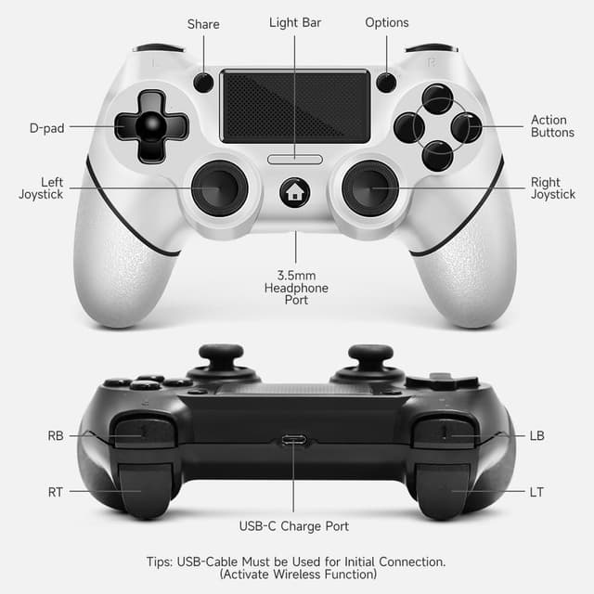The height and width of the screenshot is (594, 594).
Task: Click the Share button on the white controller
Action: (x=203, y=83)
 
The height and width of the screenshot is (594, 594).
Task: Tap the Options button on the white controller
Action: (x=386, y=83)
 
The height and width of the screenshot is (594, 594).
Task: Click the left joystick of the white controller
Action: (x=220, y=187)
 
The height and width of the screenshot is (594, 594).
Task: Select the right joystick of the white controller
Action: (x=370, y=187)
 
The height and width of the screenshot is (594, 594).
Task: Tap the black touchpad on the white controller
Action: (x=295, y=106)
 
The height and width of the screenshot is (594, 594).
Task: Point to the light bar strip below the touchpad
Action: (x=295, y=159)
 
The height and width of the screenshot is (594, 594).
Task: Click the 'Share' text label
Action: (x=203, y=23)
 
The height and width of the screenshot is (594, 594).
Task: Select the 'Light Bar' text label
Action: (x=295, y=22)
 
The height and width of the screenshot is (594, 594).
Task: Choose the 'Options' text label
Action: (x=386, y=22)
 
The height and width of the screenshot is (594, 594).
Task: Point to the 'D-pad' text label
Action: (x=47, y=128)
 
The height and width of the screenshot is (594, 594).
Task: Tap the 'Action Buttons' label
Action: (x=549, y=126)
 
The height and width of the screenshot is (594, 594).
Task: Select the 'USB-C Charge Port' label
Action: (x=294, y=526)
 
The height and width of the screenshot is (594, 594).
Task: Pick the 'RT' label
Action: (x=56, y=492)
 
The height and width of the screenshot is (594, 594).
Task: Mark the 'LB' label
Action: (x=536, y=435)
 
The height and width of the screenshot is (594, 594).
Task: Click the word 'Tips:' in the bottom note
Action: (x=163, y=562)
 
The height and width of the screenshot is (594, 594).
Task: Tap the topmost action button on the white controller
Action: (x=437, y=98)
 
